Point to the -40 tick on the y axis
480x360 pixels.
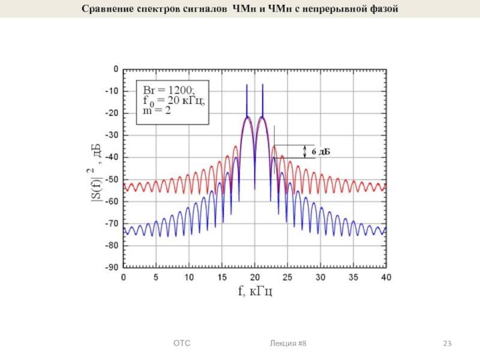pyautogui.click(x=111, y=157)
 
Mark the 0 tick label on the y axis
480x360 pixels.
pyautogui.click(x=115, y=69)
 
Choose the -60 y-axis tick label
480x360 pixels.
pyautogui.click(x=111, y=201)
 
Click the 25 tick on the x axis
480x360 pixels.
pyautogui.click(x=287, y=278)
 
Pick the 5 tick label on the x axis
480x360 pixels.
pyautogui.click(x=156, y=278)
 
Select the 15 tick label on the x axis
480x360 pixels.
pyautogui.click(x=221, y=278)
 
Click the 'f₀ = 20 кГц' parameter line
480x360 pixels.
pyautogui.click(x=173, y=100)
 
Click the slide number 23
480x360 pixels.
pyautogui.click(x=447, y=343)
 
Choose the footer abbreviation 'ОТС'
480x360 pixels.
pyautogui.click(x=181, y=343)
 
